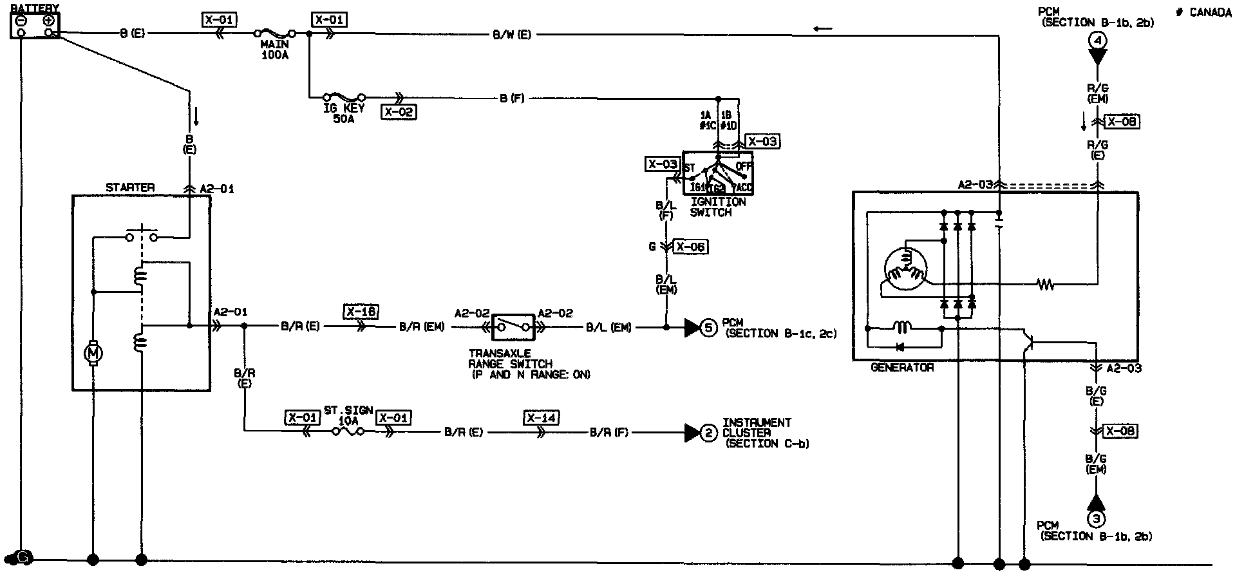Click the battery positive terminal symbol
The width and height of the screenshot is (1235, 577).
(x=48, y=20)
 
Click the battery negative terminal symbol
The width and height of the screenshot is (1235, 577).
(x=21, y=20)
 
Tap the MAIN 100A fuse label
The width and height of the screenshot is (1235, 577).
(x=275, y=50)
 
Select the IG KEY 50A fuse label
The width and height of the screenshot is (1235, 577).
(x=344, y=113)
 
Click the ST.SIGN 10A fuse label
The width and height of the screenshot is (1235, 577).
(x=348, y=415)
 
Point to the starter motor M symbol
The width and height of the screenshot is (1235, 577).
(x=93, y=353)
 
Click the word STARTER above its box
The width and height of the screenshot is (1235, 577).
(x=130, y=187)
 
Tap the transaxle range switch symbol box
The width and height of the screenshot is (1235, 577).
(x=513, y=327)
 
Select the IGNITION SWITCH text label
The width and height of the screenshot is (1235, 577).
(x=717, y=207)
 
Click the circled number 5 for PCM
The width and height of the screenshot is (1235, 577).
(x=708, y=328)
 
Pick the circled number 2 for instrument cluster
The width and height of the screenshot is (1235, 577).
(x=708, y=433)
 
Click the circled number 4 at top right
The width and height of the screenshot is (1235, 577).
(x=1097, y=40)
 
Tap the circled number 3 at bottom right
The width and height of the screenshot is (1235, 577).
(x=1096, y=518)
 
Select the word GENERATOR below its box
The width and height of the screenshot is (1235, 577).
(x=901, y=368)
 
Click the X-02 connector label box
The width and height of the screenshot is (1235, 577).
(x=399, y=112)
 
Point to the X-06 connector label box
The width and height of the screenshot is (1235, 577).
(x=690, y=247)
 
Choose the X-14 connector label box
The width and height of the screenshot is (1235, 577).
(x=541, y=418)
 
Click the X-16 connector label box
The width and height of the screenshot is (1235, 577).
(x=361, y=312)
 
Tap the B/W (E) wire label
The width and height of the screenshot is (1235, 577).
(x=512, y=35)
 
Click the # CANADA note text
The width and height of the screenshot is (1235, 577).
(x=1203, y=13)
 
